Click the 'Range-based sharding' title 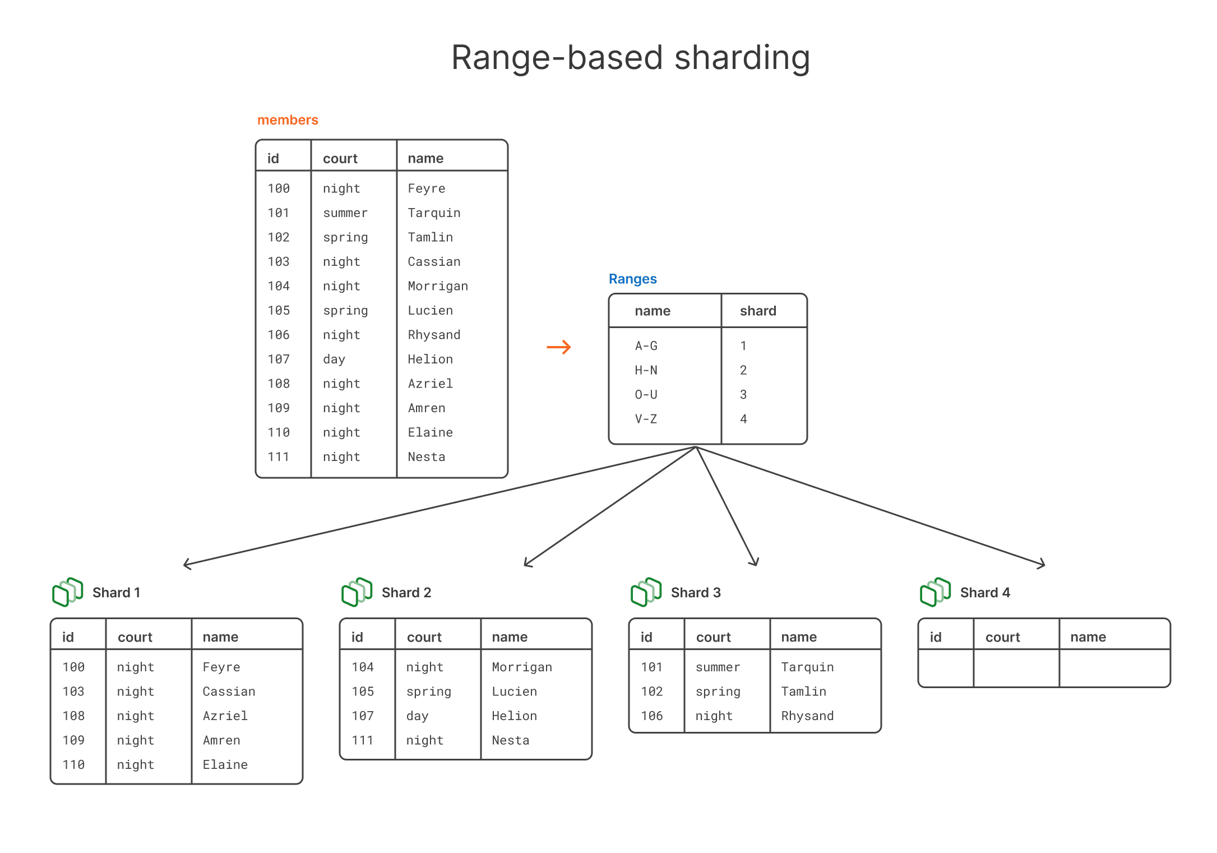click(630, 58)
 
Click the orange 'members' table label click(288, 120)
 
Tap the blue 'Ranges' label click(632, 279)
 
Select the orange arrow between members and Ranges click(559, 347)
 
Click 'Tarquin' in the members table click(434, 213)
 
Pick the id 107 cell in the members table click(279, 359)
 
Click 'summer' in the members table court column click(345, 213)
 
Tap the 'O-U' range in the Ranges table click(646, 394)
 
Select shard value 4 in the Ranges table click(743, 419)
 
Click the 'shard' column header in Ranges click(758, 311)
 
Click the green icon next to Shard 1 click(68, 592)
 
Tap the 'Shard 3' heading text click(696, 593)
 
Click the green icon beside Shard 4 click(935, 592)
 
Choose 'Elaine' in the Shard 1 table click(225, 764)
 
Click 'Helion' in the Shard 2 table click(514, 716)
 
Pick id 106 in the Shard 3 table click(651, 716)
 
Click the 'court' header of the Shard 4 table click(1002, 637)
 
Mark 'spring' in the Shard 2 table click(428, 691)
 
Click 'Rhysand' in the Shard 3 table click(807, 716)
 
